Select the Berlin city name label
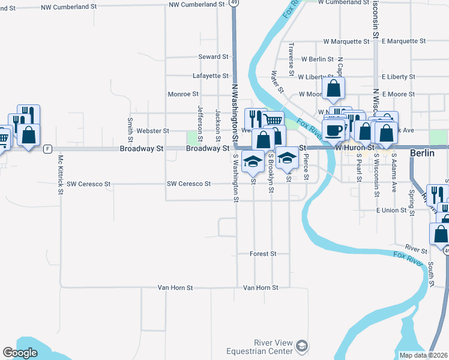[421, 153]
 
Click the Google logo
[20, 353]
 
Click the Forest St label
[263, 254]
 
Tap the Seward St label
[214, 57]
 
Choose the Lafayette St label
[210, 76]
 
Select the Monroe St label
[183, 94]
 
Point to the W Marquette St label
[346, 41]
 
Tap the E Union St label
[391, 210]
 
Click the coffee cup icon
[333, 129]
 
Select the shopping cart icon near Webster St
[273, 121]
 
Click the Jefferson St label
[200, 120]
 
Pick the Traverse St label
[291, 55]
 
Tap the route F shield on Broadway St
[47, 148]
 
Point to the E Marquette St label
[403, 41]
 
